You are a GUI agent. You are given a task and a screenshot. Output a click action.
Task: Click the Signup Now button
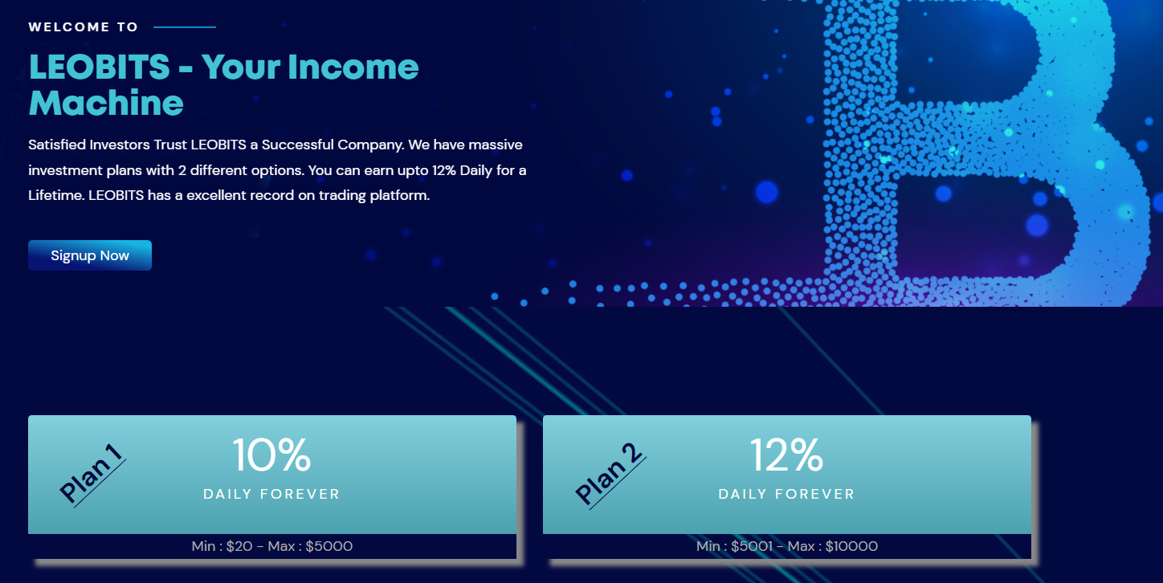(x=90, y=255)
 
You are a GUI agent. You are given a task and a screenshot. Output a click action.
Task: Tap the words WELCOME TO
(x=83, y=27)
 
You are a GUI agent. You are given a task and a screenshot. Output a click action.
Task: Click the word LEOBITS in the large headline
(x=99, y=67)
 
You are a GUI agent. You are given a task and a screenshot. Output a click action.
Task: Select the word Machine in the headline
(x=106, y=103)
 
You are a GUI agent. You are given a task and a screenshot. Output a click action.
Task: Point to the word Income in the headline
(x=353, y=67)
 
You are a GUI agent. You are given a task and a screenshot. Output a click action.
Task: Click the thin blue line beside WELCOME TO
(x=185, y=27)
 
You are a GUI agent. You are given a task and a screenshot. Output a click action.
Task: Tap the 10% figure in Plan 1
(x=271, y=455)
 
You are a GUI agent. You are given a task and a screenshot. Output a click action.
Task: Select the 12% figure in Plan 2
(x=786, y=455)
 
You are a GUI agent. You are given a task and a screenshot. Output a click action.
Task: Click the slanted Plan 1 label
(x=92, y=474)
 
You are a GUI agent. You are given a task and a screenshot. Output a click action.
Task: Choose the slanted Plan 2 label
(x=610, y=475)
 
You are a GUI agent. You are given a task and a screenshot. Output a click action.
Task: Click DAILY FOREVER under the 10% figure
(x=271, y=494)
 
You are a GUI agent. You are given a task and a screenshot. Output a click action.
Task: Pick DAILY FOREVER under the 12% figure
(x=786, y=494)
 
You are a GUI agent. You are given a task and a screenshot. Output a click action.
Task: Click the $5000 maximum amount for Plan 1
(x=329, y=546)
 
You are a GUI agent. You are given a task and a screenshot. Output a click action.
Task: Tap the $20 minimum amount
(x=239, y=546)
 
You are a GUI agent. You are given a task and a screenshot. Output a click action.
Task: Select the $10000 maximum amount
(x=851, y=546)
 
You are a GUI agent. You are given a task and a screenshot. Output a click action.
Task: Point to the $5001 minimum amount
(x=752, y=546)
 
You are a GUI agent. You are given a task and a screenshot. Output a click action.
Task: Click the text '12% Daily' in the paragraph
(x=462, y=170)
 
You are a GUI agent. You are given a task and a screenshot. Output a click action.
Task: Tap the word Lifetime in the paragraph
(x=56, y=196)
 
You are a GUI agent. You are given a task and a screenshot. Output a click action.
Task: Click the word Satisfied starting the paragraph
(x=57, y=145)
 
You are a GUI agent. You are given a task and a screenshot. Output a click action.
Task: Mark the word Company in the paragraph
(x=370, y=145)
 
